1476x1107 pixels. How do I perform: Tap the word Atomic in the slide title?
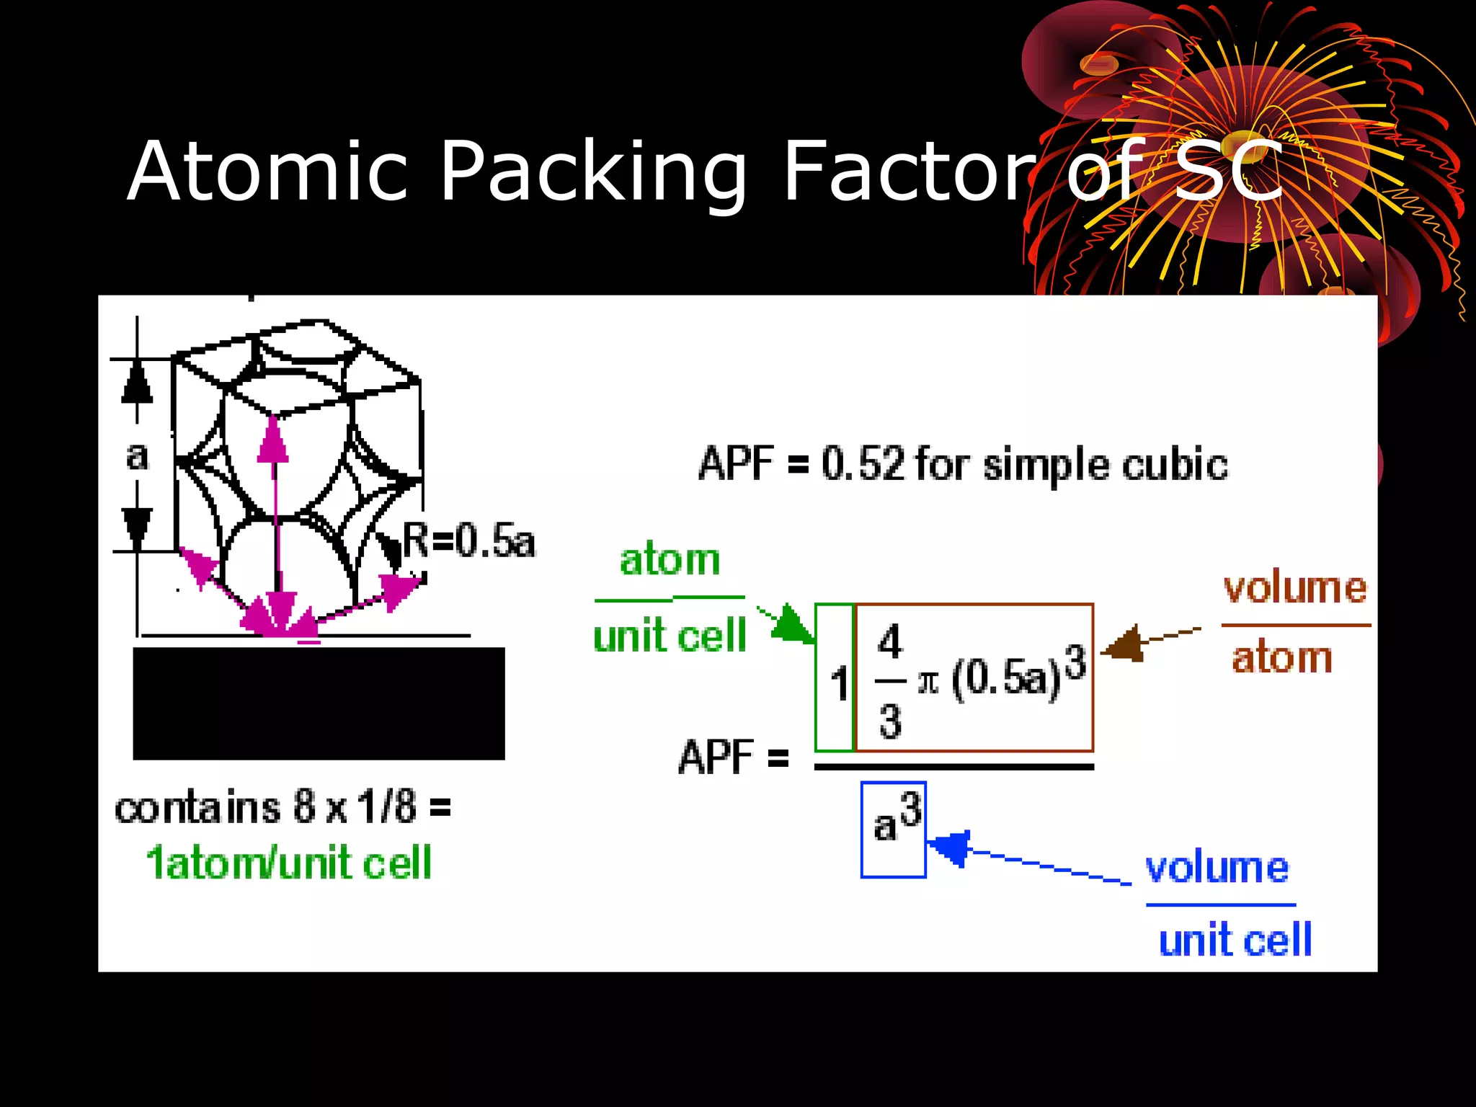coord(267,172)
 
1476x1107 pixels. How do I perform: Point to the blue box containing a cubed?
coord(893,830)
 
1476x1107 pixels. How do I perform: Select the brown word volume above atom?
coord(1294,588)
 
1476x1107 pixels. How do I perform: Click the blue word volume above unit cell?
coord(1217,868)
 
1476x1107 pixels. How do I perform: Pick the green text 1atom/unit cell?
coord(288,863)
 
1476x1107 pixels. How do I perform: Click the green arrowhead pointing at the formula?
coord(793,624)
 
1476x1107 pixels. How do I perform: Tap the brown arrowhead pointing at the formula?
coord(1124,643)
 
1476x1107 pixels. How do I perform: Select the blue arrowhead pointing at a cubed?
coord(950,848)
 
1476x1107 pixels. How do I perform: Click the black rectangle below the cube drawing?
coord(319,703)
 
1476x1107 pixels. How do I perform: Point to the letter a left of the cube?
coord(137,455)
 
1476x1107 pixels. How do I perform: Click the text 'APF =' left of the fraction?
coord(733,757)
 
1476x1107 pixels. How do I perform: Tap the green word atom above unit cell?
coord(670,560)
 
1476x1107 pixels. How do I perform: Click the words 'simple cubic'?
coord(1106,464)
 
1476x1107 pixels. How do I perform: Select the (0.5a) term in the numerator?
coord(1006,679)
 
